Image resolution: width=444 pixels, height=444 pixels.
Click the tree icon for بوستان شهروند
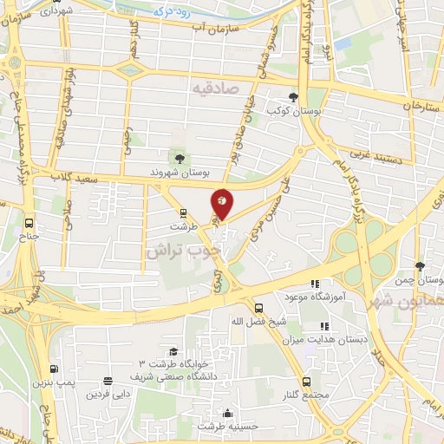tap(180, 158)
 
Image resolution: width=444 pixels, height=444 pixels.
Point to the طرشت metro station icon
tap(183, 212)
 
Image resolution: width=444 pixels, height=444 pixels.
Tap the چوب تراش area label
tap(183, 250)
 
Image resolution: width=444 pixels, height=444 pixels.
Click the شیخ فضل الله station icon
tap(258, 307)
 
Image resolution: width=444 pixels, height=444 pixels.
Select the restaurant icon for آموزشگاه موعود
tap(315, 283)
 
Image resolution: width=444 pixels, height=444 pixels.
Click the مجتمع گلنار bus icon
tap(306, 382)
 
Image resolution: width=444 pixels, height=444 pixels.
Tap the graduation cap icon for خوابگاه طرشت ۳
tap(173, 352)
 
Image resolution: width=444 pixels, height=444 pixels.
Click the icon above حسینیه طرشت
tap(227, 413)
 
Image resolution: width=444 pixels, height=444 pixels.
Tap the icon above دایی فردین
tap(108, 381)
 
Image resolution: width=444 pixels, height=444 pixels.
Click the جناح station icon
tap(29, 220)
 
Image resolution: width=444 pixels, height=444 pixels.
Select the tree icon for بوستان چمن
tap(420, 266)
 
